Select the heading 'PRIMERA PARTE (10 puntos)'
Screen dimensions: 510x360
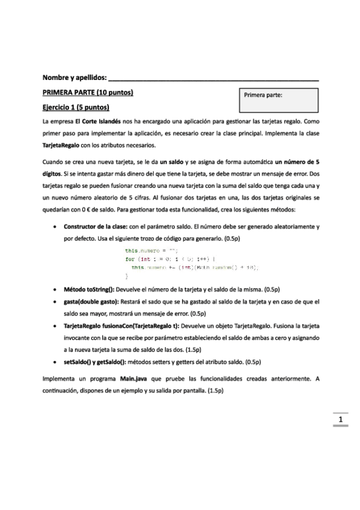pos(87,93)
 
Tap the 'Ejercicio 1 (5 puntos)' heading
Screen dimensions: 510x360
pos(75,108)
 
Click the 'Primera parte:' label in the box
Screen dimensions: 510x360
pos(263,95)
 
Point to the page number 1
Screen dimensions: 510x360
pos(341,420)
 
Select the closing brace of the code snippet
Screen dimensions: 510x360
pos(126,275)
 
